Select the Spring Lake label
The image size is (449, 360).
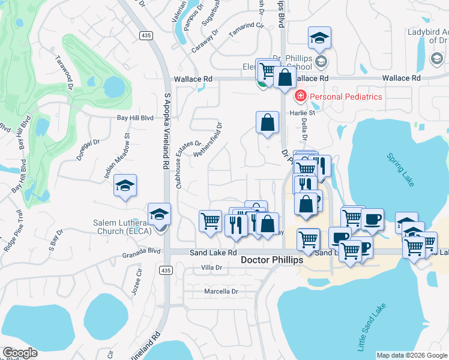400,171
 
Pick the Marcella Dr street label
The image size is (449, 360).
221,292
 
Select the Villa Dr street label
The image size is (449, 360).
211,267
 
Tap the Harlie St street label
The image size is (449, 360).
303,112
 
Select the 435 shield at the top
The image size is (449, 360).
145,36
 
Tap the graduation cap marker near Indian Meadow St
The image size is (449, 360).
125,187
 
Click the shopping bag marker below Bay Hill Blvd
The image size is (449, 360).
267,123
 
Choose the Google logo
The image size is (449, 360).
20,353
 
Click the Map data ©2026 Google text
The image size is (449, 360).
412,355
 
